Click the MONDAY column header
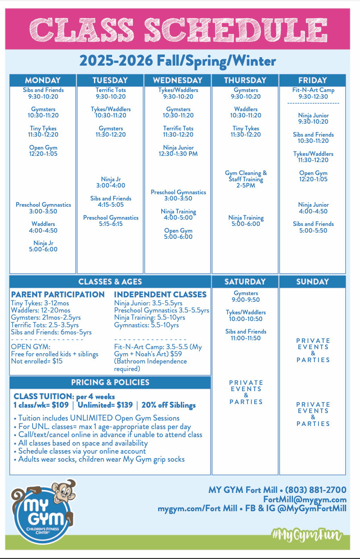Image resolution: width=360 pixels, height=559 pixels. pyautogui.click(x=43, y=80)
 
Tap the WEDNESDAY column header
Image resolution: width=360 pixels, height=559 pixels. pyautogui.click(x=177, y=80)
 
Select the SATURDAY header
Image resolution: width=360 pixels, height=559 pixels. pyautogui.click(x=245, y=282)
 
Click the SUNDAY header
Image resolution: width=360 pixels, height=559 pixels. pyautogui.click(x=312, y=282)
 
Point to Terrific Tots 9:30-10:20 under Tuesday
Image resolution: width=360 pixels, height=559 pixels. pyautogui.click(x=110, y=93)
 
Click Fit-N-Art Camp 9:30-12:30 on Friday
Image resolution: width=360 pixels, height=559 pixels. pyautogui.click(x=313, y=93)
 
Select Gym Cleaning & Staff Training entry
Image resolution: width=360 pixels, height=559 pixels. pyautogui.click(x=246, y=179)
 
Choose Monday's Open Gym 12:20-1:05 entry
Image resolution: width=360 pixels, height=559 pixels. pyautogui.click(x=43, y=150)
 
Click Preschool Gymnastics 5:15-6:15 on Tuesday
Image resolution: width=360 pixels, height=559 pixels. pyautogui.click(x=111, y=221)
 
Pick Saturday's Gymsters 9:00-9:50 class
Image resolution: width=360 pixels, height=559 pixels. pyautogui.click(x=246, y=297)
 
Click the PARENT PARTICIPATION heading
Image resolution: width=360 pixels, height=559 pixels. pyautogui.click(x=58, y=295)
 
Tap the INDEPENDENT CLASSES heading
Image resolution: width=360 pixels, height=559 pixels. pyautogui.click(x=160, y=295)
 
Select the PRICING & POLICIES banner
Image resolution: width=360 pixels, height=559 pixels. pyautogui.click(x=110, y=382)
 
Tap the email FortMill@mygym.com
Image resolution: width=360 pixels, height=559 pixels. pyautogui.click(x=305, y=499)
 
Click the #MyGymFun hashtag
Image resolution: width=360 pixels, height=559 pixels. pyautogui.click(x=306, y=535)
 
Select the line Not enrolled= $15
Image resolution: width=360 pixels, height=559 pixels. pyautogui.click(x=37, y=361)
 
